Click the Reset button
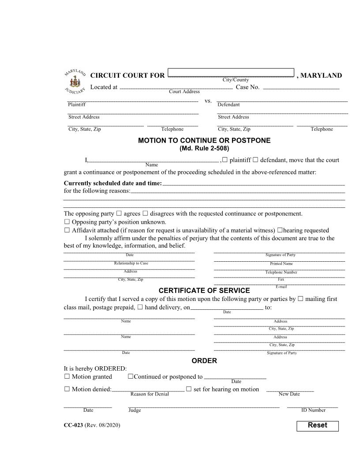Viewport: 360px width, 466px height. (317, 426)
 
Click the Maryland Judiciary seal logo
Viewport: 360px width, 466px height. (75, 82)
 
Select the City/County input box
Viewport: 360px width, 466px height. (231, 73)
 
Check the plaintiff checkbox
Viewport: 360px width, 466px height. (225, 160)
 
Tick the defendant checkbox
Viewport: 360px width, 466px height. (255, 160)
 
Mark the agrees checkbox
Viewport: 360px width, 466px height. (119, 214)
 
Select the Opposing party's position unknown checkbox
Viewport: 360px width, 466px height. (67, 222)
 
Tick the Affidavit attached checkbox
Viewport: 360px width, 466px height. (67, 230)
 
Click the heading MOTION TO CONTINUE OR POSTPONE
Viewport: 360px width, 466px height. (204, 141)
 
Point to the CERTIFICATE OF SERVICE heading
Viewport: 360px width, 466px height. (204, 291)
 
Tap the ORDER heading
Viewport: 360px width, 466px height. (204, 361)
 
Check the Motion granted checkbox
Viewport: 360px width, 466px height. (67, 377)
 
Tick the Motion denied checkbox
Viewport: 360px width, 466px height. (67, 389)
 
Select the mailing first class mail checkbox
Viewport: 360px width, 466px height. (300, 299)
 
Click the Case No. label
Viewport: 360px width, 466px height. (247, 87)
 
